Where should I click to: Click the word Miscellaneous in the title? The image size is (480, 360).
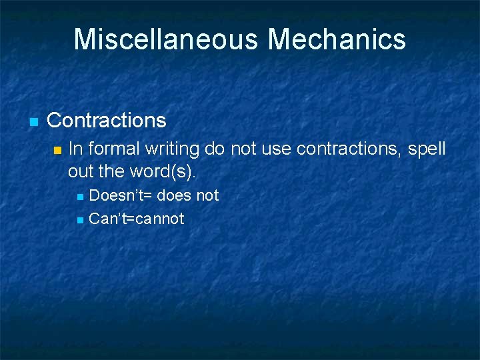pos(167,39)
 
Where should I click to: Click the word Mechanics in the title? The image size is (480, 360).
pos(337,39)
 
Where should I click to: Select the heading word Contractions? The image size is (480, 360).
pos(107,121)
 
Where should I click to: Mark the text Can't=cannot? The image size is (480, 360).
pos(137,219)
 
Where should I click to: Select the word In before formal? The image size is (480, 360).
pos(75,148)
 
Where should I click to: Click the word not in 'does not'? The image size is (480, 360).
pos(208,196)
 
